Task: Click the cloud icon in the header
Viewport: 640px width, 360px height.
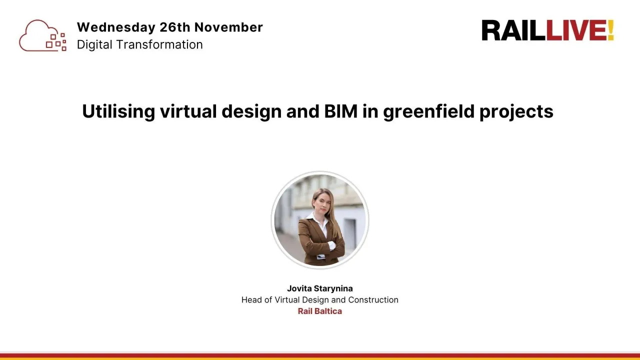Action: click(42, 35)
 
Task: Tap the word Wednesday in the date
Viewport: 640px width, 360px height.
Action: click(116, 27)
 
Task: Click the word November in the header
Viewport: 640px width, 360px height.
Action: click(228, 27)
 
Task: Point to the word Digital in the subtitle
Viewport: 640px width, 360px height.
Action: click(94, 44)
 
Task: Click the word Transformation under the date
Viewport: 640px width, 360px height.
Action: click(159, 44)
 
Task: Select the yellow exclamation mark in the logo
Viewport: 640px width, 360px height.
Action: click(610, 31)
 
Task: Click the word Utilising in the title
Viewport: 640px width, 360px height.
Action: click(118, 111)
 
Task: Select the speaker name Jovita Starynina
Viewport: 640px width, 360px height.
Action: click(320, 288)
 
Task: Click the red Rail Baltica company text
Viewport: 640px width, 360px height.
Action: click(320, 311)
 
